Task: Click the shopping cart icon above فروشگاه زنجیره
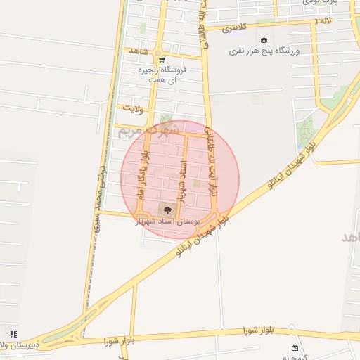coord(161,60)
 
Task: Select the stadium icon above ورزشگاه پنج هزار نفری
coord(264,39)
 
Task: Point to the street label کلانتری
coord(235,29)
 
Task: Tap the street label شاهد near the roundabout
coord(136,51)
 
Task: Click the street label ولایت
coord(132,108)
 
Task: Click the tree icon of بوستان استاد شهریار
coord(167,209)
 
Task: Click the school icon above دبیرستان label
coord(13,334)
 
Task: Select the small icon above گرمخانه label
coord(295,348)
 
